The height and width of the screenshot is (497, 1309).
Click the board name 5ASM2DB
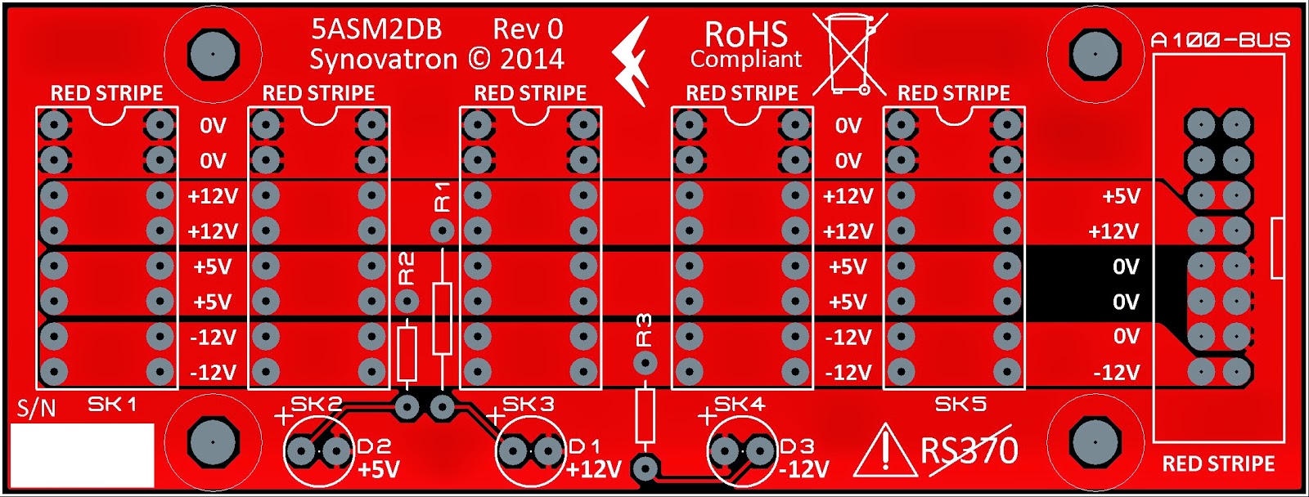click(x=376, y=29)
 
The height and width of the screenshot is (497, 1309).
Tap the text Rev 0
click(x=528, y=29)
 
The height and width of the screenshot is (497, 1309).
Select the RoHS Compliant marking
click(x=745, y=45)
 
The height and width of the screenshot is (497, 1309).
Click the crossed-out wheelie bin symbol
click(x=850, y=54)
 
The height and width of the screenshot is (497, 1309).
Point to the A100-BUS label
click(x=1220, y=39)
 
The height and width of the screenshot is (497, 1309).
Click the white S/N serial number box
click(x=85, y=454)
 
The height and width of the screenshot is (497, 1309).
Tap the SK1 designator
click(x=112, y=404)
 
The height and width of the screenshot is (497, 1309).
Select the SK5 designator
click(x=960, y=404)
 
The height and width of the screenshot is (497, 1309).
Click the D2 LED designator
click(x=374, y=446)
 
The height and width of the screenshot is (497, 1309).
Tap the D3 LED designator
click(x=797, y=446)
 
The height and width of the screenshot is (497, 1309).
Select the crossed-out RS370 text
click(x=969, y=450)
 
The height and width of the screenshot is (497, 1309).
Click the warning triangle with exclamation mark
click(x=884, y=454)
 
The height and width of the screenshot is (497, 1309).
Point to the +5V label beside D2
click(x=379, y=470)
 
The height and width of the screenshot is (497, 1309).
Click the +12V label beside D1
click(x=594, y=470)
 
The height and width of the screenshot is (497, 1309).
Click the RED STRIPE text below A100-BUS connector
click(x=1218, y=464)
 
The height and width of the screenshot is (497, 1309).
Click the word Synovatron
click(x=383, y=59)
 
